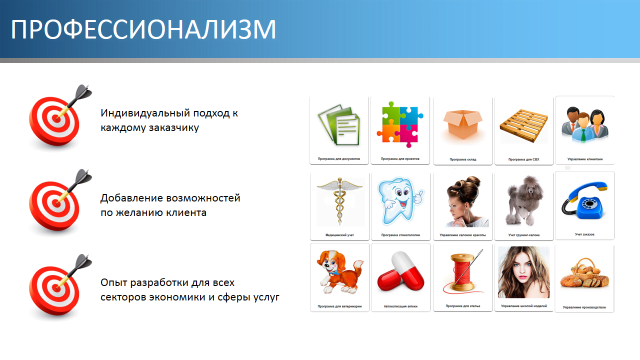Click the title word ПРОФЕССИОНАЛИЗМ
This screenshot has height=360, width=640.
(143, 29)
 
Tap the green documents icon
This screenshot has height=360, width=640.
(339, 125)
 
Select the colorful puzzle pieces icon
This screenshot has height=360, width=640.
(400, 124)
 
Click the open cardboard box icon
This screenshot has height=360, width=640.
(463, 124)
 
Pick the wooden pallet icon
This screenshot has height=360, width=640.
(523, 125)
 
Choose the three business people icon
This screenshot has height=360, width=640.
(585, 124)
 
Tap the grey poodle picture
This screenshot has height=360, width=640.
(524, 201)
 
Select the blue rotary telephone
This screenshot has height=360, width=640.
(584, 200)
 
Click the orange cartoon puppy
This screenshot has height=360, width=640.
(339, 271)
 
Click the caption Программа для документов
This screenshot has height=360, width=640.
(339, 159)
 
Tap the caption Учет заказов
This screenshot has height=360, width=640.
(584, 234)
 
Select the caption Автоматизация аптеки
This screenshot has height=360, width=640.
(400, 306)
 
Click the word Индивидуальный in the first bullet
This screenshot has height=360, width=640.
(145, 113)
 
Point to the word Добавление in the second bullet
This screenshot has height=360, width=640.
(131, 198)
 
